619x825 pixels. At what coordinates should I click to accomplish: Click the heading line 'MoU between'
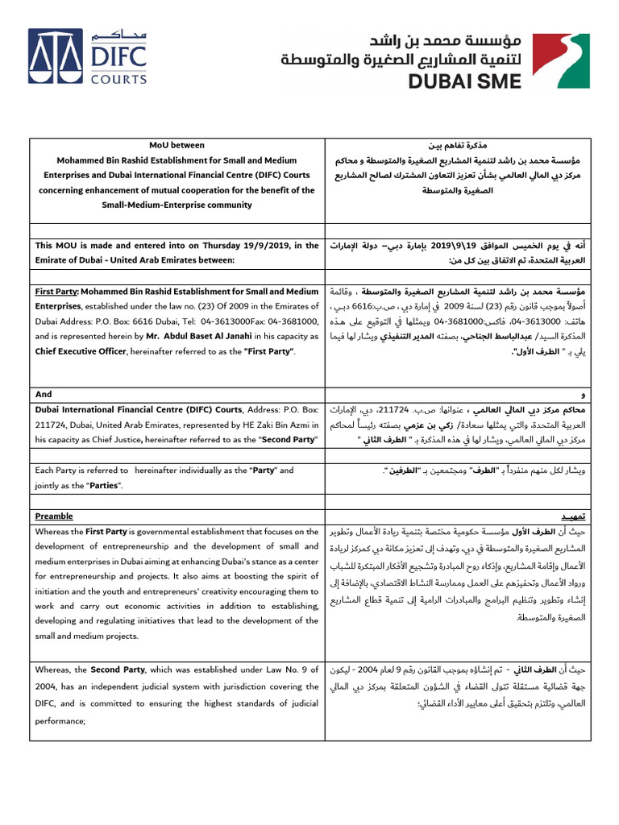coord(177,146)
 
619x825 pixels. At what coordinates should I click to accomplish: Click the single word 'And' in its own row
coord(44,394)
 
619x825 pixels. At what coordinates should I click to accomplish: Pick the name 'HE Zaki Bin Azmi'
coord(287,425)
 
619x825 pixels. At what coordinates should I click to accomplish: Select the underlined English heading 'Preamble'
coord(54,516)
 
